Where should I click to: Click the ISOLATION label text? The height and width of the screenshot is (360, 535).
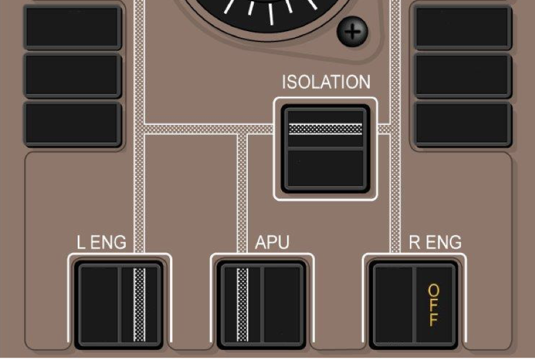click(326, 82)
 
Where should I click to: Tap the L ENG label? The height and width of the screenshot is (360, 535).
click(102, 242)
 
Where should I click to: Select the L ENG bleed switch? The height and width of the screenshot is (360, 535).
click(120, 304)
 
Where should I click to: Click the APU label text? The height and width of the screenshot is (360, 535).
click(272, 242)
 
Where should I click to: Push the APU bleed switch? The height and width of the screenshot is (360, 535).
click(262, 304)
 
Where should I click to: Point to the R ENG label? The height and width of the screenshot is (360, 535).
click(435, 242)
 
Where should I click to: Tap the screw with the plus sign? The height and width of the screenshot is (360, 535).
click(353, 31)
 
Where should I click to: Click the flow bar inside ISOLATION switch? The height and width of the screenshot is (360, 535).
click(325, 128)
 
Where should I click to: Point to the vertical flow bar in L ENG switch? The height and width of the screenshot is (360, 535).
click(139, 304)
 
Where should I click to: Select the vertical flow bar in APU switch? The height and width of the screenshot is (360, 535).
click(242, 304)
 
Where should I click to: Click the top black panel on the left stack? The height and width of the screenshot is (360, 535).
click(73, 27)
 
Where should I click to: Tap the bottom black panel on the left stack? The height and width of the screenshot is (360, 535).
click(73, 123)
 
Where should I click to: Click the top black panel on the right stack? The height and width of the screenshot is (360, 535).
click(463, 27)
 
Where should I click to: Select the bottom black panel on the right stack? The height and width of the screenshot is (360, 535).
click(463, 123)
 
